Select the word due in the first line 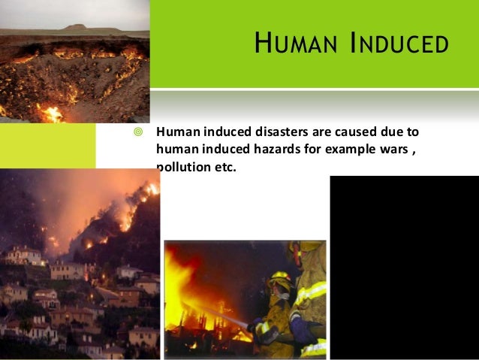pos(390,133)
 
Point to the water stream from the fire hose pos(225,313)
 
